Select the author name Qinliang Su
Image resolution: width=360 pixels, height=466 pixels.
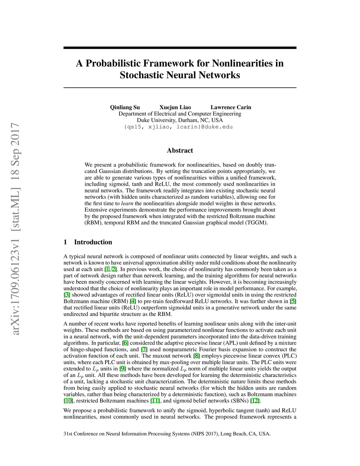(125, 107)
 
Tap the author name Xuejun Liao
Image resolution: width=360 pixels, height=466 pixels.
(175, 107)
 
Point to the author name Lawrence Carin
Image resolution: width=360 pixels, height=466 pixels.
(231, 107)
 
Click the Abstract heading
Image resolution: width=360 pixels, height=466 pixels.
(180, 151)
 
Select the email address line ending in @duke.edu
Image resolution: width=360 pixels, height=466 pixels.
(178, 127)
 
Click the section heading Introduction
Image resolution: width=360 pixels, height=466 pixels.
(93, 242)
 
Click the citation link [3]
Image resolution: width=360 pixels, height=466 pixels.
(67, 295)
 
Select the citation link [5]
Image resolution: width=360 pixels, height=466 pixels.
(293, 301)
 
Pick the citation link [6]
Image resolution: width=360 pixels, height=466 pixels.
(125, 343)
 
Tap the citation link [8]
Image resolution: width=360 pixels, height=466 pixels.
(197, 356)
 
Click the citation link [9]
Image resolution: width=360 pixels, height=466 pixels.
(122, 369)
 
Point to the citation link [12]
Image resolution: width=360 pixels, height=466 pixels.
(255, 401)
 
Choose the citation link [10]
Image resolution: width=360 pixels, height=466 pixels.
(68, 401)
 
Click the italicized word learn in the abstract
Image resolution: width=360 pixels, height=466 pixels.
(127, 203)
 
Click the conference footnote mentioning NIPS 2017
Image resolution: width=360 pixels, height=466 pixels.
(167, 434)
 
